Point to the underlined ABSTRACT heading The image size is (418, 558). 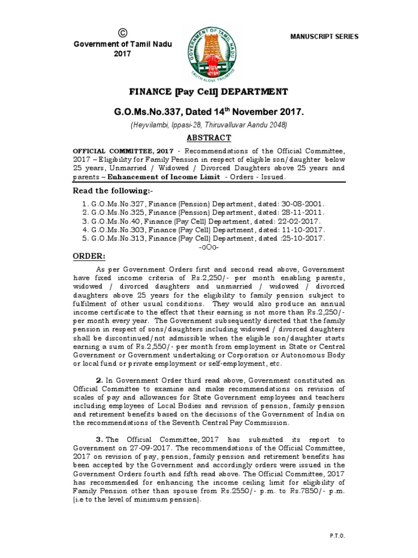coord(209,138)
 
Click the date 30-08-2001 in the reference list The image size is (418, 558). coord(304,203)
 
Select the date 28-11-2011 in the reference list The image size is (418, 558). coord(304,213)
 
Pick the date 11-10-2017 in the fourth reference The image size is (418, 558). coord(304,230)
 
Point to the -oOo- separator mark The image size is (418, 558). coord(209,247)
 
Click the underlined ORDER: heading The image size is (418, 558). coord(88,257)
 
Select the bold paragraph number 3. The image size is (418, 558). coord(99,439)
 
